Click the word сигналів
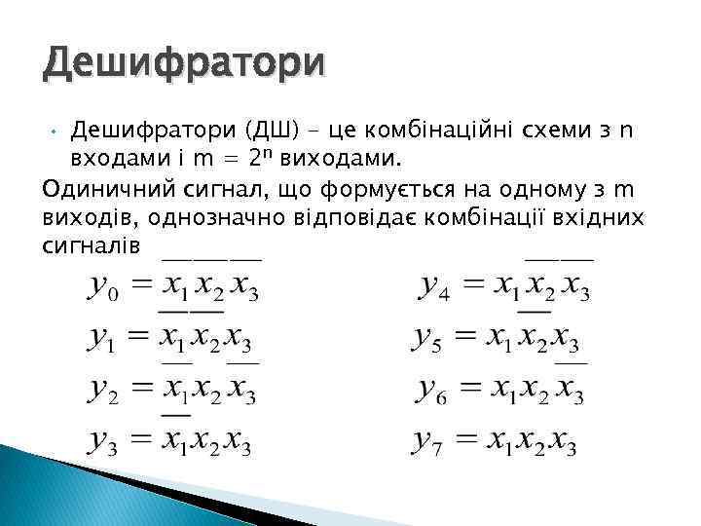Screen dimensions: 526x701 (x=92, y=244)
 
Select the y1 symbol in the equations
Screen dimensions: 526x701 (x=100, y=341)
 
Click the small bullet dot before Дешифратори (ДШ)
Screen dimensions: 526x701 (x=56, y=130)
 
